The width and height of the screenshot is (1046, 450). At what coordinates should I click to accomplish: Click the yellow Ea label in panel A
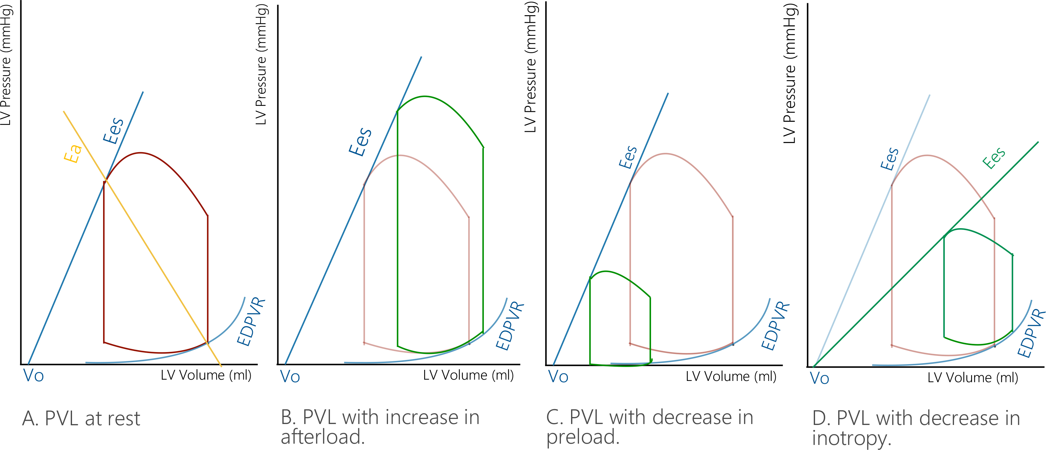click(x=73, y=153)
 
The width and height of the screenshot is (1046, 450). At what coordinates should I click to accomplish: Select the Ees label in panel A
click(x=113, y=131)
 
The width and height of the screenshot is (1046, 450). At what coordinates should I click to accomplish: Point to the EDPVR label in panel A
click(x=251, y=322)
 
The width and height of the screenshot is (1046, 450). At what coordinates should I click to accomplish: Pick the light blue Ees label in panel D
click(x=890, y=159)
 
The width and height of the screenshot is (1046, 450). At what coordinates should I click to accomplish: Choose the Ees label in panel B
click(x=360, y=142)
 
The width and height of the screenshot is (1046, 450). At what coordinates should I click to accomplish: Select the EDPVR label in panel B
click(x=510, y=326)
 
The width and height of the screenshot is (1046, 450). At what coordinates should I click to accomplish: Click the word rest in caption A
click(x=123, y=419)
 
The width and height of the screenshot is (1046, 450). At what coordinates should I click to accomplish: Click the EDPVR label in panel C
click(x=775, y=326)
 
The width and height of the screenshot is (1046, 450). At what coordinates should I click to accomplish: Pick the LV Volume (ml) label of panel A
click(x=206, y=375)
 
